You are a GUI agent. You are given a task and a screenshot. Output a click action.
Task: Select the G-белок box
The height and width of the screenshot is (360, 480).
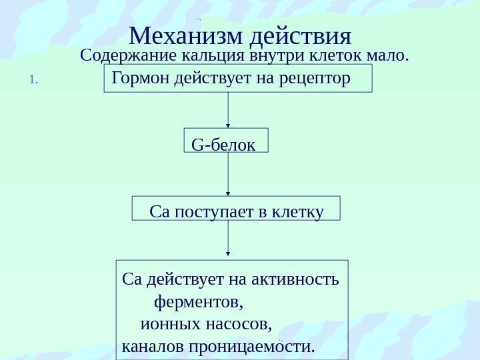225,141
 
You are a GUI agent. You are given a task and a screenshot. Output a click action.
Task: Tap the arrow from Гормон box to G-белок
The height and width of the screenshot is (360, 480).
229,109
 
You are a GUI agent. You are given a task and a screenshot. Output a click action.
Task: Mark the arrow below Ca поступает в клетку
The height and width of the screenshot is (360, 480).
229,238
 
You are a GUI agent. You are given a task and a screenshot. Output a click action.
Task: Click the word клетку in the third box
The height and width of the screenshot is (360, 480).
298,212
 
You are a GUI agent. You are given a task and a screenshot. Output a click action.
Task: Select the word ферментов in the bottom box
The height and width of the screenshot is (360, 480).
198,303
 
